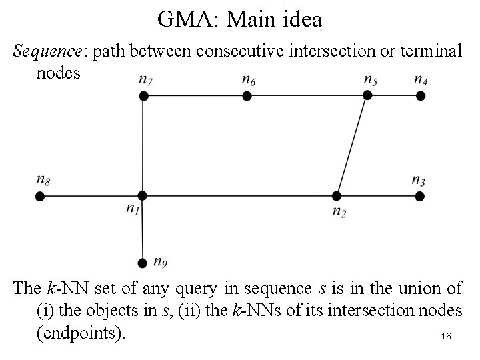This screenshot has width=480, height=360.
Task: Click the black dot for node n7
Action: pyautogui.click(x=143, y=96)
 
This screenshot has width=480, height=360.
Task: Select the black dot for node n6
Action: pyautogui.click(x=247, y=96)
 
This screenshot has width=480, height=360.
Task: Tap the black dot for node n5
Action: pyautogui.click(x=367, y=95)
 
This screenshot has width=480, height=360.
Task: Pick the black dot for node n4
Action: pyautogui.click(x=421, y=96)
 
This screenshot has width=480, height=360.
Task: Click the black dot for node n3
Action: pyautogui.click(x=420, y=196)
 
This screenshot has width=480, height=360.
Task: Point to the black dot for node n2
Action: pyautogui.click(x=337, y=196)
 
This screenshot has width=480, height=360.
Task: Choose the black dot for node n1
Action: pyautogui.click(x=142, y=195)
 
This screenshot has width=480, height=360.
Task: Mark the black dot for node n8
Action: pyautogui.click(x=40, y=196)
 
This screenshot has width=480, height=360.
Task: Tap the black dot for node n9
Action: pyautogui.click(x=142, y=263)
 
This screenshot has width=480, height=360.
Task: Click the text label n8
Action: pyautogui.click(x=43, y=179)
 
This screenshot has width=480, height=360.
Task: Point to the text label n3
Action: pyautogui.click(x=419, y=179)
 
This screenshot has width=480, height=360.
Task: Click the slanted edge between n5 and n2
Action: pyautogui.click(x=352, y=145)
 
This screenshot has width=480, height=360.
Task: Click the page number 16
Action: pyautogui.click(x=446, y=337)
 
